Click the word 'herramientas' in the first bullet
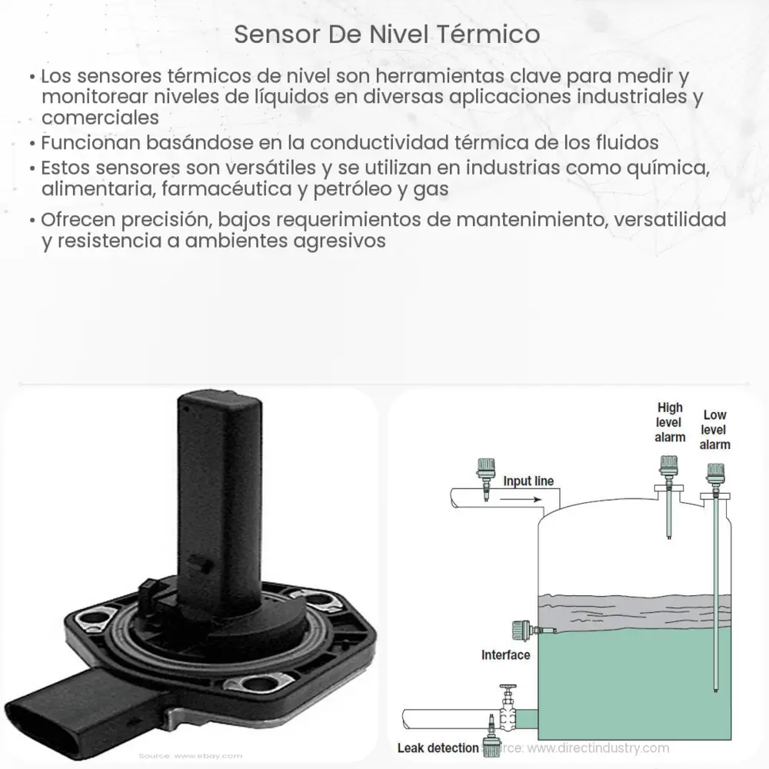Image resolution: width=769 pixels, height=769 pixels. pyautogui.click(x=434, y=77)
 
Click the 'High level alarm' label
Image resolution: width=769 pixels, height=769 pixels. pyautogui.click(x=670, y=422)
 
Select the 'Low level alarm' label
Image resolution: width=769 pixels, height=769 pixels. pyautogui.click(x=715, y=430)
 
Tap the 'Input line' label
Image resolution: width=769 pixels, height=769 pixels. pyautogui.click(x=528, y=481)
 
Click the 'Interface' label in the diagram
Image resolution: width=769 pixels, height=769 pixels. pyautogui.click(x=505, y=655)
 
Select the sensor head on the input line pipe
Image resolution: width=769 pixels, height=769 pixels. pyautogui.click(x=484, y=469)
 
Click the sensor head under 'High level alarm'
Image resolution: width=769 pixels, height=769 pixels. pyautogui.click(x=667, y=467)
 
